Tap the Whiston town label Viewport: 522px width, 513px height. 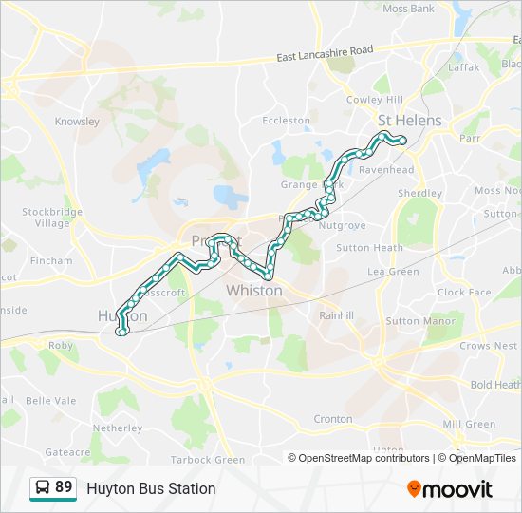(x=253, y=290)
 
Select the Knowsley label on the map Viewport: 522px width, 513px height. (x=77, y=122)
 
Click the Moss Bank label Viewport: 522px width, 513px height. (x=408, y=9)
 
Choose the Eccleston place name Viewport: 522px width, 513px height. (x=286, y=121)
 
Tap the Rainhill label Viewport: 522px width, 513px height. (x=336, y=314)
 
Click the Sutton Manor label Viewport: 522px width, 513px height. (x=416, y=321)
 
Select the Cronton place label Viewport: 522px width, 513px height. (x=332, y=419)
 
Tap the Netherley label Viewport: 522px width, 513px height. (x=117, y=428)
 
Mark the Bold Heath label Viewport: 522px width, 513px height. (x=494, y=385)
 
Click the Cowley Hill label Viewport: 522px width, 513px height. (x=374, y=100)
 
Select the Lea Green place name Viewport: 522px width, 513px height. (x=393, y=272)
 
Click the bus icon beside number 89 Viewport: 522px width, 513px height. (x=43, y=488)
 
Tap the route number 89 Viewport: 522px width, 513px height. (x=64, y=487)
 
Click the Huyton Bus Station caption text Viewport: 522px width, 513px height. (x=151, y=488)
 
